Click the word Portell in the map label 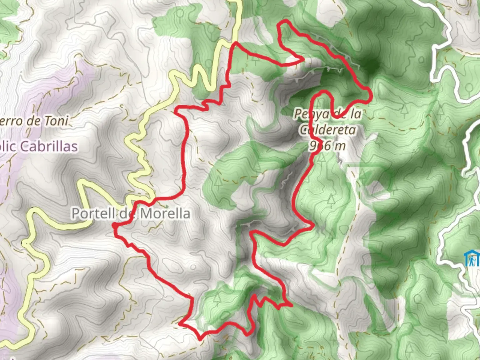[x=93, y=213]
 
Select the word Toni [x=56, y=121]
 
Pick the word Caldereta [x=327, y=130]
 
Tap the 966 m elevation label [x=327, y=145]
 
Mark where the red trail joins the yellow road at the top [x=236, y=43]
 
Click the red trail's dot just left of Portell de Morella [x=115, y=226]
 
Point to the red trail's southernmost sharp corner [x=200, y=339]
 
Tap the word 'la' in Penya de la [x=356, y=114]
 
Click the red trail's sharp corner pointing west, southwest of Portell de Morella [x=180, y=323]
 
